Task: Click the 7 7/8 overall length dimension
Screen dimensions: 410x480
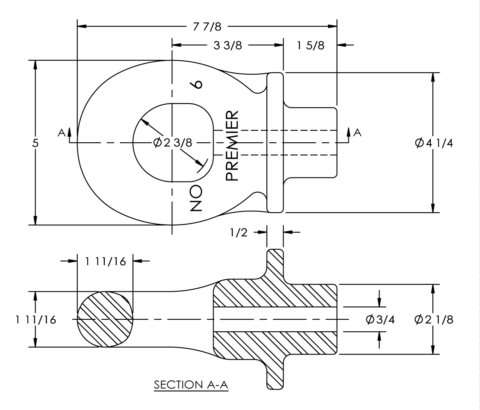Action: tap(207, 27)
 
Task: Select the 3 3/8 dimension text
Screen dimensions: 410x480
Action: tap(228, 45)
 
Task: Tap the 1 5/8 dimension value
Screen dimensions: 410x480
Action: tap(310, 45)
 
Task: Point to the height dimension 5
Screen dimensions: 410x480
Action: tap(35, 143)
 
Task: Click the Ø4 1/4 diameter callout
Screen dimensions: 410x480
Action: tap(434, 143)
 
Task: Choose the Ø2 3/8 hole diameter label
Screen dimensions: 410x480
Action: tap(173, 143)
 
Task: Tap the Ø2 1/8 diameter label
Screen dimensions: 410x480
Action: tap(434, 320)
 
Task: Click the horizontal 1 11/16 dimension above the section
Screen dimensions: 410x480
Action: tap(105, 262)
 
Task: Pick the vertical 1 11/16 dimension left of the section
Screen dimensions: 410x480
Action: tap(36, 320)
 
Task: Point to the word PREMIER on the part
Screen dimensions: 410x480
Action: tap(232, 146)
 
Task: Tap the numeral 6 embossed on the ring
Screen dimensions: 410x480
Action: tap(197, 84)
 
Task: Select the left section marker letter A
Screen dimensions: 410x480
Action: tap(61, 132)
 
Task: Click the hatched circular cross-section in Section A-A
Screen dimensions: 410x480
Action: tap(105, 319)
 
